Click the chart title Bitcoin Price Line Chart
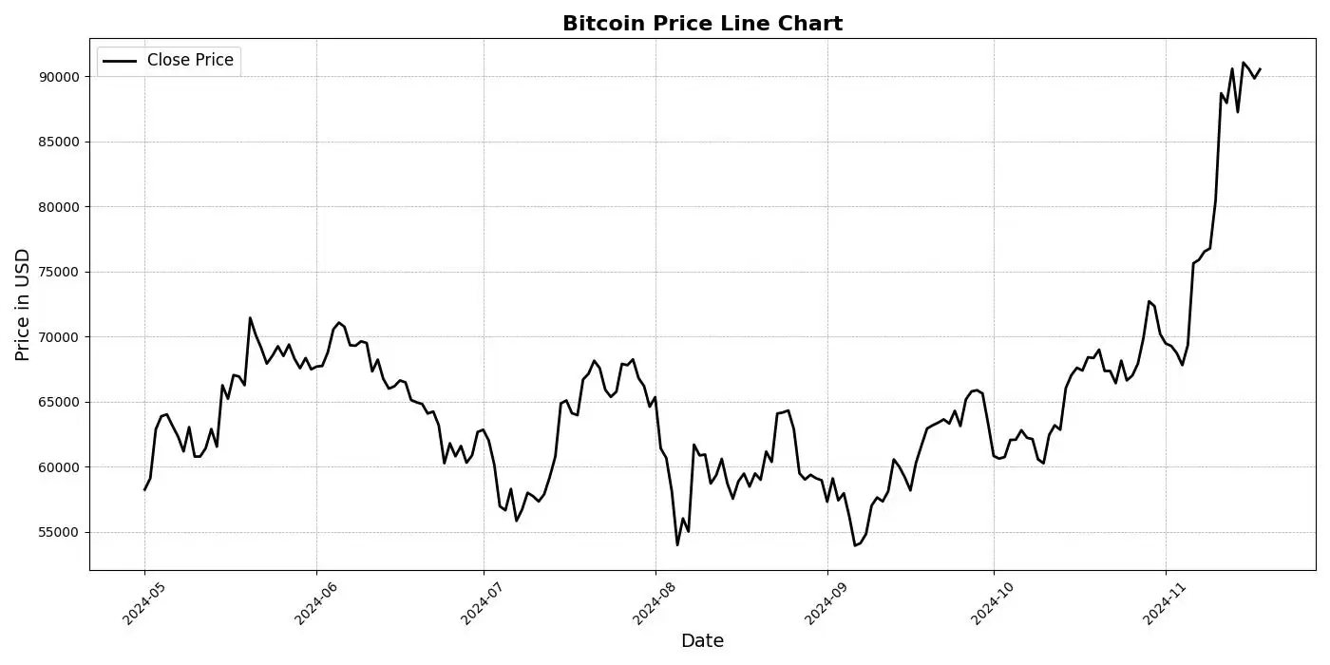point(702,24)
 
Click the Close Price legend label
point(190,60)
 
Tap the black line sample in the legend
point(120,61)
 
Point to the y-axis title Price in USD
point(23,304)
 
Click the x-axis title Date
point(702,641)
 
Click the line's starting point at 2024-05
point(144,489)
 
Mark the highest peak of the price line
point(1244,63)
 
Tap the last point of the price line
point(1260,68)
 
